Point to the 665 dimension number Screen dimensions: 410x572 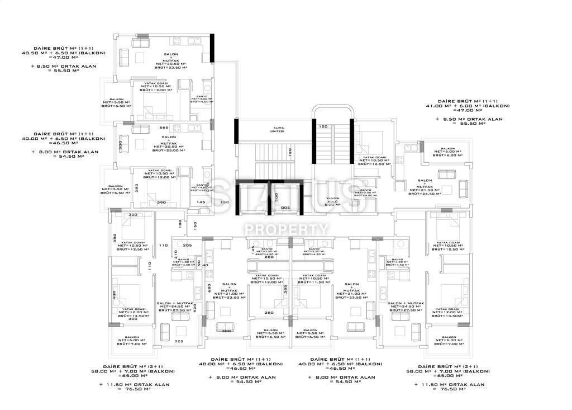(147, 128)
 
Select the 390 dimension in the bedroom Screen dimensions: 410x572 (161, 202)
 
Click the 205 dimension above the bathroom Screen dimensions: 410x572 (187, 246)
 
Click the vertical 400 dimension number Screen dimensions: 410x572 (114, 295)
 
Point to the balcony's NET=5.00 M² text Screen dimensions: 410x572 (447, 151)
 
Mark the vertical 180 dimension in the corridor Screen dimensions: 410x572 (180, 223)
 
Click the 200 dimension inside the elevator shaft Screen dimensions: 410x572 (284, 208)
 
